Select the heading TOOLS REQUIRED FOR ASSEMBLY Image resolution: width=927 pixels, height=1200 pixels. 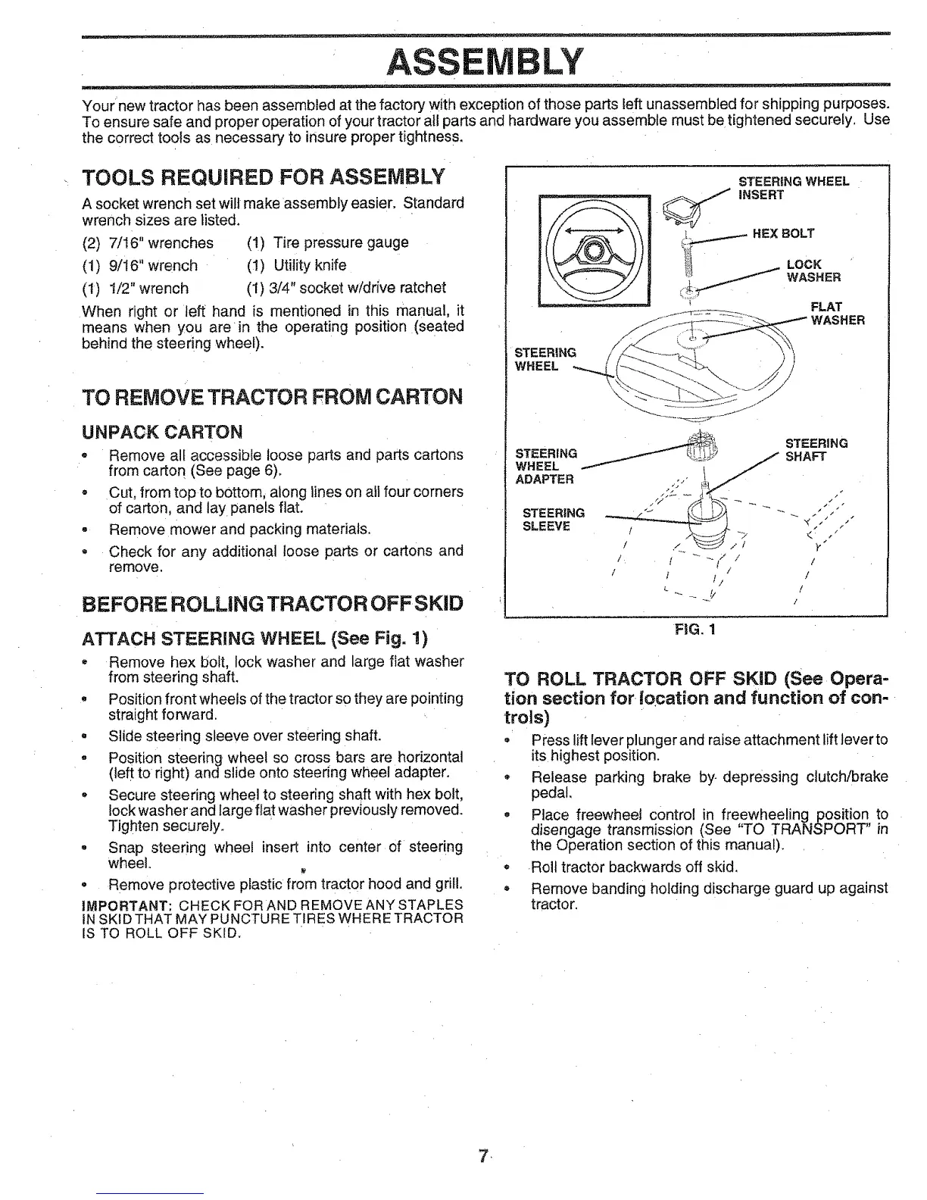click(x=263, y=178)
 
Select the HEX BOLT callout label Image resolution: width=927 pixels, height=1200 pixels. click(x=783, y=233)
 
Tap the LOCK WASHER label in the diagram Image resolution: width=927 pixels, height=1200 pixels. click(x=813, y=270)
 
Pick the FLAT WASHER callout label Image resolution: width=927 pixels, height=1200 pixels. click(x=837, y=314)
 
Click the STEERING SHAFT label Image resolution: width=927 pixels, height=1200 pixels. click(x=816, y=450)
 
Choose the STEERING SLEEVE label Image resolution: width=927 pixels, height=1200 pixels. click(x=552, y=520)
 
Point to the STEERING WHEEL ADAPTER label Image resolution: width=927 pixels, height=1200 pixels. click(x=545, y=466)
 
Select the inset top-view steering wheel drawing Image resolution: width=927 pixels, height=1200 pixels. click(x=594, y=249)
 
